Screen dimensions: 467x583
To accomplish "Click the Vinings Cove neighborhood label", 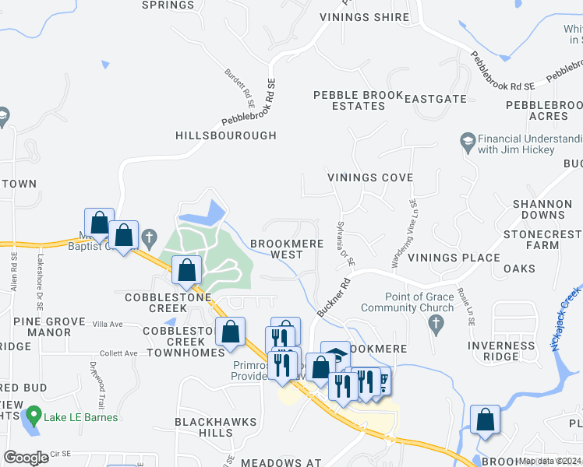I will point(369,177).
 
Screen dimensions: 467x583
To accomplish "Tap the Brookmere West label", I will point(276,249).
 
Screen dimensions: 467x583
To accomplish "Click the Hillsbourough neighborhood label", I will point(226,135).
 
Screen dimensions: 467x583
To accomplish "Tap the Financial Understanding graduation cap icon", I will point(467,141).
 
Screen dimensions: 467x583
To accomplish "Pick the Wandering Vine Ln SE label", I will point(405,233).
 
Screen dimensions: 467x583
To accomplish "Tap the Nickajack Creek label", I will point(566,319).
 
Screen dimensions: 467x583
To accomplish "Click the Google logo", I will point(26,458).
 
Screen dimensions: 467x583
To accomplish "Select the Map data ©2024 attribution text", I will point(549,461).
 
